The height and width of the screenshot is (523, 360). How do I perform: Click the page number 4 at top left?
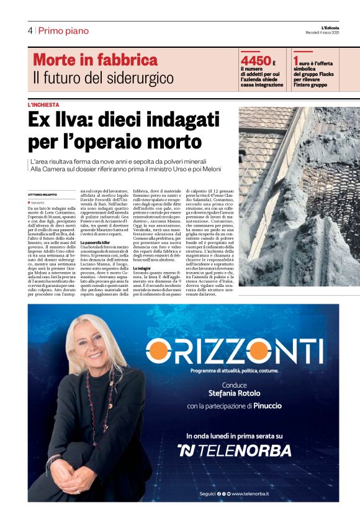pyautogui.click(x=30, y=30)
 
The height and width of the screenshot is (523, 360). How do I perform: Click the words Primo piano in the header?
pyautogui.click(x=64, y=30)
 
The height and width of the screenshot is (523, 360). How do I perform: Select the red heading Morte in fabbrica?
pyautogui.click(x=95, y=60)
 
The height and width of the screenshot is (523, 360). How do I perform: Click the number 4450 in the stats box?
pyautogui.click(x=256, y=61)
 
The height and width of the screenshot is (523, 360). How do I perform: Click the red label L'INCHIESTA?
pyautogui.click(x=43, y=105)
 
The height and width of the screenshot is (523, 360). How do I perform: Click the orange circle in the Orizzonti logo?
pyautogui.click(x=158, y=352)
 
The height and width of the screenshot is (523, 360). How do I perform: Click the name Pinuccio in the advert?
pyautogui.click(x=268, y=406)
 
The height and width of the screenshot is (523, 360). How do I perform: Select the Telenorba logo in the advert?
pyautogui.click(x=234, y=450)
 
